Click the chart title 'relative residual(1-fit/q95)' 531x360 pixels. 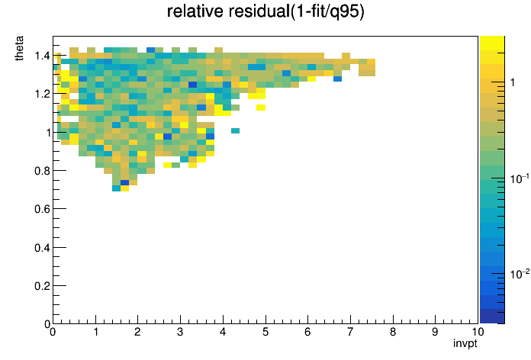click(x=265, y=11)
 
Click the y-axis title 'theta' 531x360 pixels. click(x=19, y=48)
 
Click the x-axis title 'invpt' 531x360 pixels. click(x=465, y=343)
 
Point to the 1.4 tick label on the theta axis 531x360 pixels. click(x=42, y=56)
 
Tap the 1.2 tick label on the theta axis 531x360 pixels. click(x=42, y=94)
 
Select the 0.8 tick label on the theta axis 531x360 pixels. click(x=42, y=171)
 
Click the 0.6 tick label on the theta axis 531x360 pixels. click(x=42, y=209)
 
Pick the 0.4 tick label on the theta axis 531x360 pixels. click(x=42, y=248)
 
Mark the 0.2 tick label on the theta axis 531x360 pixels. click(x=42, y=286)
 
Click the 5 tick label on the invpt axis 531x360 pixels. click(x=265, y=332)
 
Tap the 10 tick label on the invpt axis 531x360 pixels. click(x=477, y=332)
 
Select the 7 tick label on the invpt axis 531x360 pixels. click(x=350, y=332)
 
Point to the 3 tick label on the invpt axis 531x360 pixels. click(x=180, y=332)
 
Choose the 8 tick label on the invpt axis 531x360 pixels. click(x=393, y=332)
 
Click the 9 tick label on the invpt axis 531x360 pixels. click(x=435, y=332)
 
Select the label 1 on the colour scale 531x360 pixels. click(x=513, y=82)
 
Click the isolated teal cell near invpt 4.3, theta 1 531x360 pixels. click(x=235, y=130)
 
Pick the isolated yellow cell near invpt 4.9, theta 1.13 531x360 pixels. click(x=261, y=108)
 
